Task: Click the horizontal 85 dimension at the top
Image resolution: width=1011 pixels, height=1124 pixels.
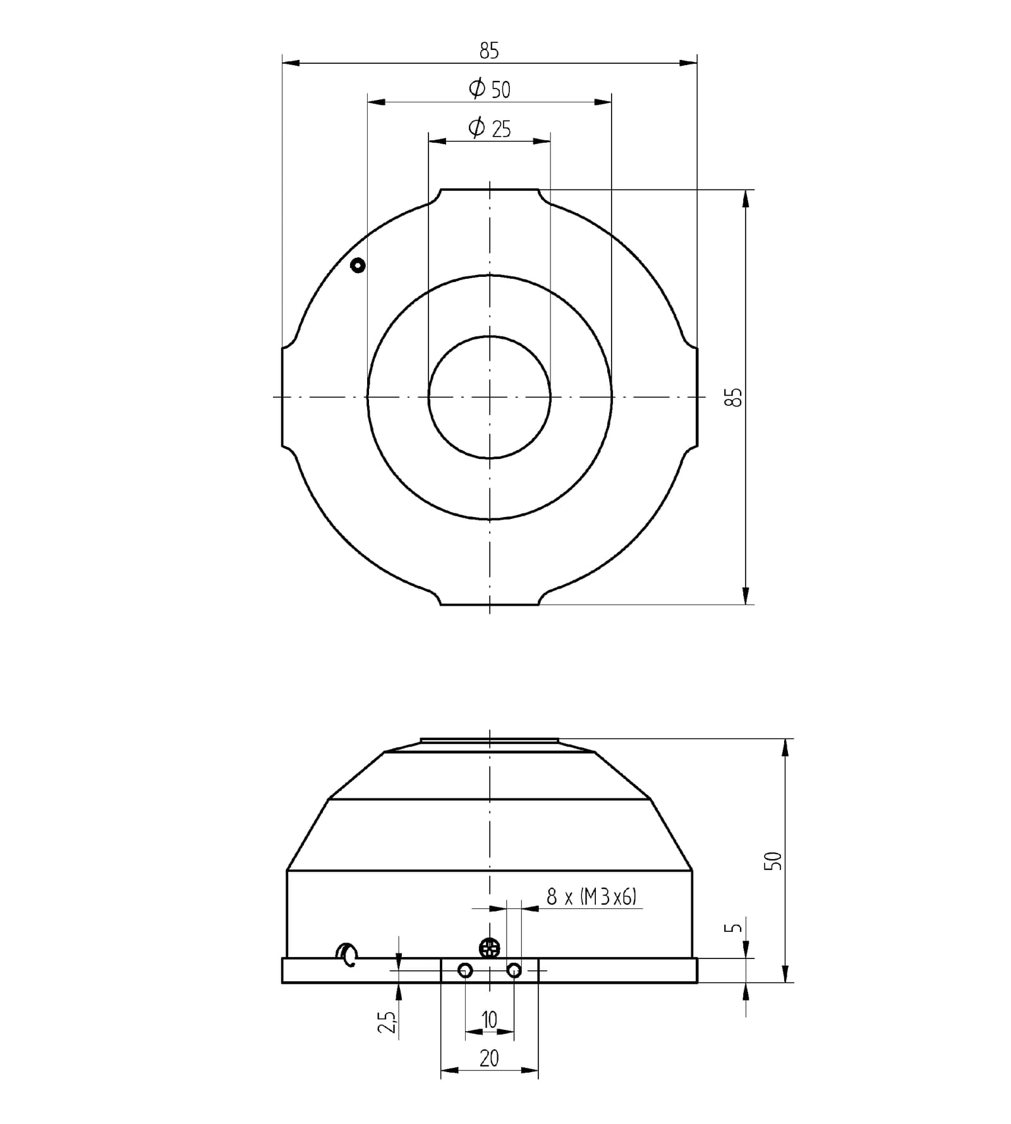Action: [489, 51]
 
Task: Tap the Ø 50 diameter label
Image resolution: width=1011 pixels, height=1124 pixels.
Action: [490, 89]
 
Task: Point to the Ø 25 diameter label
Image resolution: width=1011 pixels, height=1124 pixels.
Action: [490, 128]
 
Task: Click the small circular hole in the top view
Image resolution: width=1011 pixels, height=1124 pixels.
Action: [358, 266]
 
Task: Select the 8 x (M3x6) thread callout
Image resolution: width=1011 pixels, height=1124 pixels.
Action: [591, 896]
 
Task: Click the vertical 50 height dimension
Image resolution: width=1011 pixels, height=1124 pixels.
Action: [773, 860]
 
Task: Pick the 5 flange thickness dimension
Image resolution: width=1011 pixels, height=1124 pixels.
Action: [733, 927]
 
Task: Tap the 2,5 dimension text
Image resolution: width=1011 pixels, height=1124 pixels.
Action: [387, 1022]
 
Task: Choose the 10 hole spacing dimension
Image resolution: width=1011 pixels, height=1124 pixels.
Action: [490, 1020]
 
